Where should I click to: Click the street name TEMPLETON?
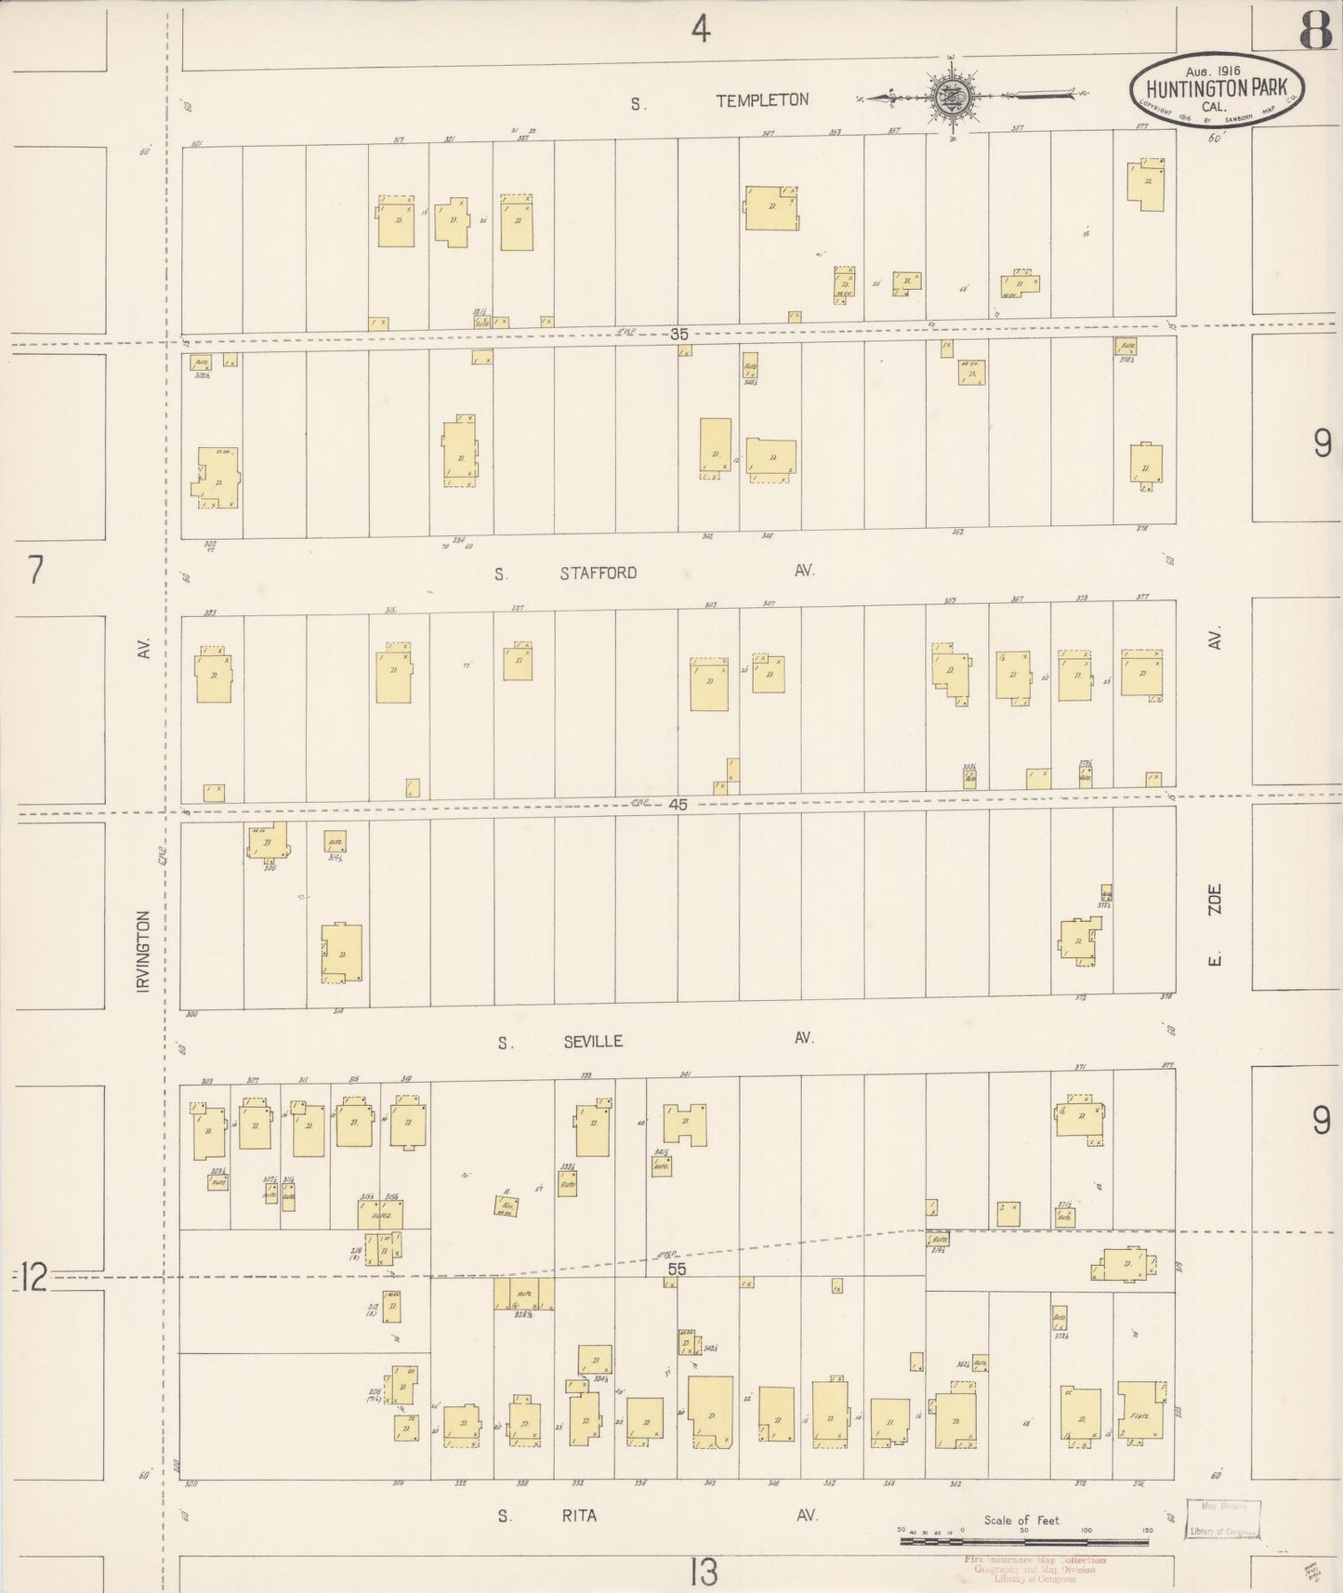pos(761,100)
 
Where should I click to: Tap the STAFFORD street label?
pos(598,573)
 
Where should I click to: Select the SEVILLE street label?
pos(593,1042)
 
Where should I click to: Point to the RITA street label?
pos(577,1516)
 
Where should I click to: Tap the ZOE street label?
pos(1214,900)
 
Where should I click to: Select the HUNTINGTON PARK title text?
pos(1217,89)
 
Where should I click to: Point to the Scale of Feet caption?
pos(1022,1521)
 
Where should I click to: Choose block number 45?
pos(678,804)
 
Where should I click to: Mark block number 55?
pos(676,1268)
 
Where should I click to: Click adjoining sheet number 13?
pos(704,1573)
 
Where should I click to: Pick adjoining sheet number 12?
pos(33,1279)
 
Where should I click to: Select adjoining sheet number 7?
pos(35,570)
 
